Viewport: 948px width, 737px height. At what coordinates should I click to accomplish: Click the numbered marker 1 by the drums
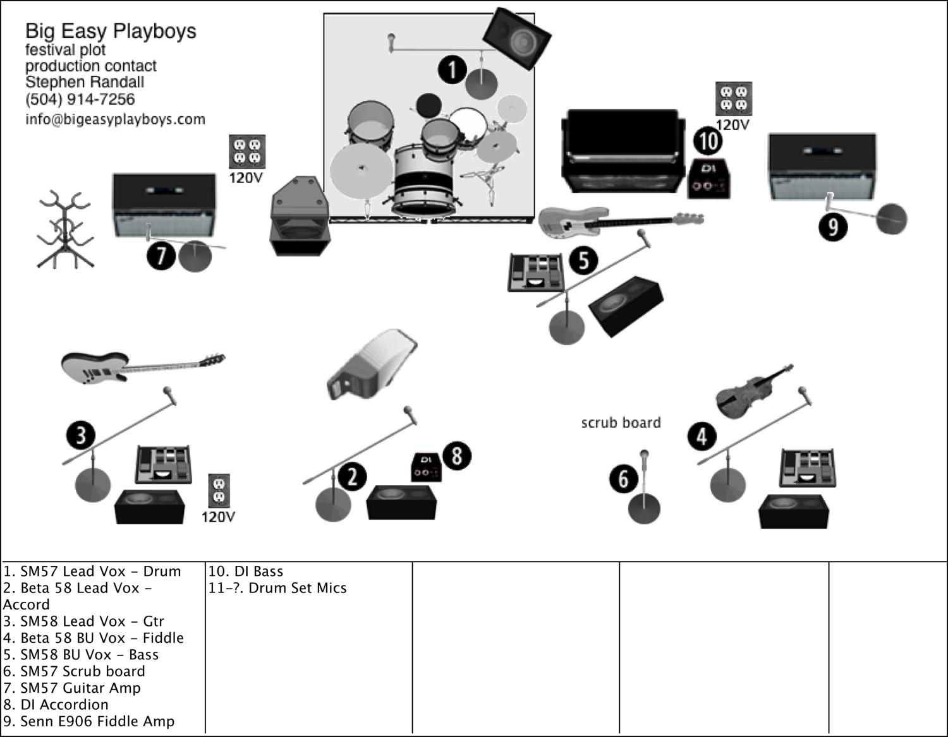pos(453,69)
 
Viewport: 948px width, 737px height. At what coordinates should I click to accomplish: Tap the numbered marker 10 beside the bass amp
pos(708,140)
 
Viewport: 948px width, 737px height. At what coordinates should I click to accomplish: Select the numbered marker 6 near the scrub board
pos(624,479)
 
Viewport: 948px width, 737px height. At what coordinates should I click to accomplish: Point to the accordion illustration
pos(372,364)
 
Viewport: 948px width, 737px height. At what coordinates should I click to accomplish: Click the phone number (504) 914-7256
pos(80,99)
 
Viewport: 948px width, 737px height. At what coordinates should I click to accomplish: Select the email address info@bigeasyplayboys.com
pos(115,119)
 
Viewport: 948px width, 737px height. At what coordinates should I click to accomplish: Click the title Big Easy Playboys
pos(111,31)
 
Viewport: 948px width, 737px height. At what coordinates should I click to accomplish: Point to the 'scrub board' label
pos(621,422)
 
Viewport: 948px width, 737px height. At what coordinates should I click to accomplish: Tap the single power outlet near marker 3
pos(219,491)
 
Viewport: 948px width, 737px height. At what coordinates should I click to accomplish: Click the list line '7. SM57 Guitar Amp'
pos(72,688)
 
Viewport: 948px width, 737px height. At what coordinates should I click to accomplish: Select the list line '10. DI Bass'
pos(246,572)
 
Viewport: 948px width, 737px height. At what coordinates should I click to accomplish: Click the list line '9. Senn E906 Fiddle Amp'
pos(89,721)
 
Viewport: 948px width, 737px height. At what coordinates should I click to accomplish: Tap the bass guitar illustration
pos(619,221)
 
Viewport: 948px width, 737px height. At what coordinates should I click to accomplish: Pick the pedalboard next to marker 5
pos(536,273)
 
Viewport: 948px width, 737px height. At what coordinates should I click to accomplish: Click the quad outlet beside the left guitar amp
pos(246,152)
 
